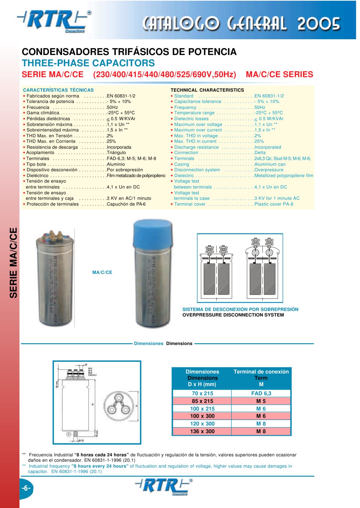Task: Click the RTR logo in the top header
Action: click(x=54, y=21)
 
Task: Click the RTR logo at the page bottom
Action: click(x=164, y=486)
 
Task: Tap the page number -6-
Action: click(x=26, y=488)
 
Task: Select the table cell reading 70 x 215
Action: click(x=202, y=393)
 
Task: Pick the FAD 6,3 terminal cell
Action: click(x=261, y=393)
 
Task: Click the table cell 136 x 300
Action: click(x=202, y=431)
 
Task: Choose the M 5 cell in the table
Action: click(x=261, y=401)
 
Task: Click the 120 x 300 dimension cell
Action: click(x=202, y=423)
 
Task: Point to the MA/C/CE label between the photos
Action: click(x=102, y=272)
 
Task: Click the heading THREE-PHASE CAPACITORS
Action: click(x=88, y=63)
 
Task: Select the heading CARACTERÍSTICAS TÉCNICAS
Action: click(x=58, y=90)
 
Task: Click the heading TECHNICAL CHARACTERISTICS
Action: click(x=207, y=90)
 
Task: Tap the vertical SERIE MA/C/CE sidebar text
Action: click(x=13, y=263)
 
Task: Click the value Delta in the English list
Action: click(x=260, y=153)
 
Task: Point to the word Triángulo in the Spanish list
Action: click(x=116, y=153)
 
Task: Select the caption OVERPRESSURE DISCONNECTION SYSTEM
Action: click(x=233, y=315)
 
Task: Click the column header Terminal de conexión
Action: click(x=261, y=372)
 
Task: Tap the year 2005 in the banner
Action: click(x=319, y=24)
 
